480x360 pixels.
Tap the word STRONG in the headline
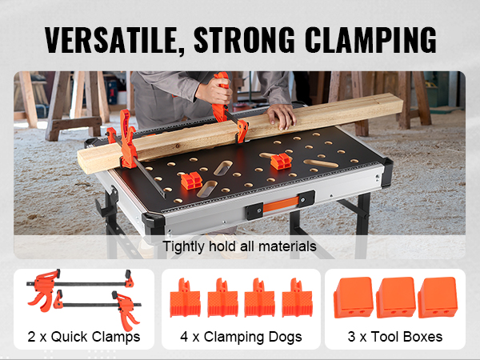pos(244,40)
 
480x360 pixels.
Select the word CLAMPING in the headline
pos(370,40)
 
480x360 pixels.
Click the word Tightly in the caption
pos(183,246)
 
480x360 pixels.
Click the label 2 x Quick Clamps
pos(84,337)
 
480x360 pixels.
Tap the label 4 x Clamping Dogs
pos(241,337)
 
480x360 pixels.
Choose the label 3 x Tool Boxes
pos(395,337)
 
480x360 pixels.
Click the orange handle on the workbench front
pos(281,204)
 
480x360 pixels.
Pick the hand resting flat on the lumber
pos(281,116)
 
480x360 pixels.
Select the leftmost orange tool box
pos(354,298)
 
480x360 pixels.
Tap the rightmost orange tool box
pos(438,298)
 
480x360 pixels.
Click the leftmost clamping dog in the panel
pos(185,298)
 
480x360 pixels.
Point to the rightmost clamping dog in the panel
pos(298,298)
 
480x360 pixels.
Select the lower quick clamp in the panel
pos(98,305)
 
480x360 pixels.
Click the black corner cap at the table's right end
pos(386,172)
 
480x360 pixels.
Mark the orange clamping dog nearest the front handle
pos(191,181)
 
